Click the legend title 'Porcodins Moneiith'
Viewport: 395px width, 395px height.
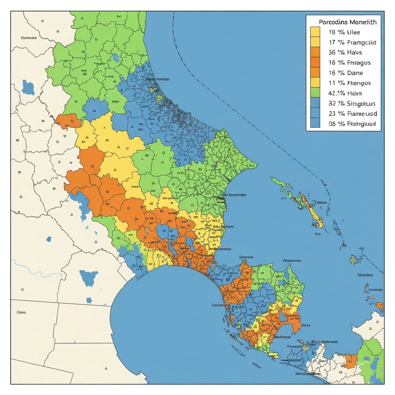tap(348, 22)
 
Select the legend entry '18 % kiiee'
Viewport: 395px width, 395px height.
tap(344, 32)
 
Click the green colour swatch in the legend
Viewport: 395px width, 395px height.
tap(315, 93)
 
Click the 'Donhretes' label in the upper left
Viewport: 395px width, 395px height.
tap(29, 38)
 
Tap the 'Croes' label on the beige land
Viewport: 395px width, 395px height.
tap(21, 312)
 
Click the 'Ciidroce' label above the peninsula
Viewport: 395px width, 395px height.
tap(246, 257)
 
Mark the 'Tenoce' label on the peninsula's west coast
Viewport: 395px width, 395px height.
tap(218, 305)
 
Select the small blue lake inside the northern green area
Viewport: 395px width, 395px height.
tap(116, 58)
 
